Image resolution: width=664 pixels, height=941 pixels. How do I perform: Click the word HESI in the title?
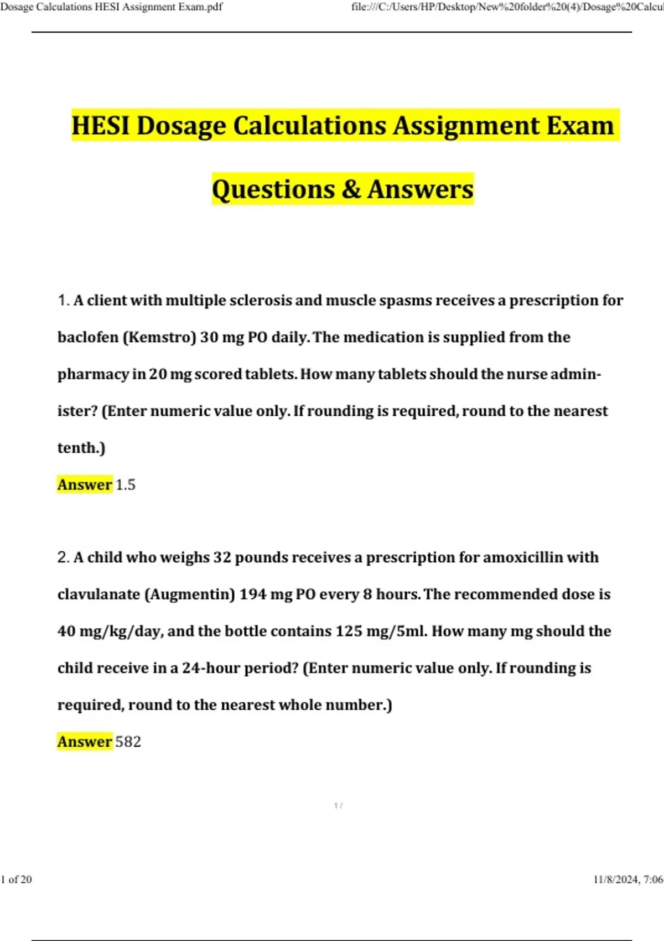point(101,126)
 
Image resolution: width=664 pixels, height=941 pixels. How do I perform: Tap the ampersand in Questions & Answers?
point(351,189)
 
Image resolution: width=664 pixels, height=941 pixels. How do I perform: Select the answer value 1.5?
point(126,485)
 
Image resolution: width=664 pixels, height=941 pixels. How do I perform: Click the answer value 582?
point(128,742)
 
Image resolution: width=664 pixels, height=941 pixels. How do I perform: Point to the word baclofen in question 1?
point(87,337)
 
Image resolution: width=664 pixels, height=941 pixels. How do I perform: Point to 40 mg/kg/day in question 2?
point(110,632)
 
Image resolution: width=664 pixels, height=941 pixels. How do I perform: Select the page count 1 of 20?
point(17,880)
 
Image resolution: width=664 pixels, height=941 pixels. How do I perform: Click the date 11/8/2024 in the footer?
point(615,880)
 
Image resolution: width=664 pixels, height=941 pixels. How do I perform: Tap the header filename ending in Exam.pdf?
point(111,7)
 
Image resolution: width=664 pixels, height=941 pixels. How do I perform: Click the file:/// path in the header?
point(507,7)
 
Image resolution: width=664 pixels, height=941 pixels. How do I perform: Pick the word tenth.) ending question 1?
point(81,448)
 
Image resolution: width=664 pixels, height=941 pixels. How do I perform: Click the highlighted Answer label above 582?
point(85,742)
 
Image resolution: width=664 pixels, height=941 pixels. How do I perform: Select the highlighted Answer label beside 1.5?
point(85,485)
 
